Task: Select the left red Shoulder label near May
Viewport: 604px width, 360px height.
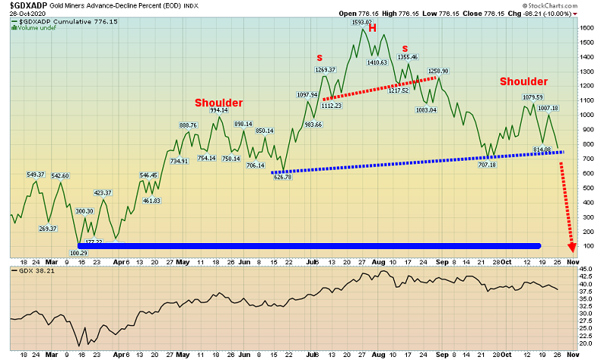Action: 219,103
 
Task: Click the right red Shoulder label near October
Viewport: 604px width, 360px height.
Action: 523,82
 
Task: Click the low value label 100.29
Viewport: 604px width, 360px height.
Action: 79,252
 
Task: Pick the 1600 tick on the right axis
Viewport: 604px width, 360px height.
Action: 587,27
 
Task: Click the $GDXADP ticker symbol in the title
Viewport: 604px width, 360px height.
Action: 29,5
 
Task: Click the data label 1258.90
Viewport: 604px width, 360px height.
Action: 439,71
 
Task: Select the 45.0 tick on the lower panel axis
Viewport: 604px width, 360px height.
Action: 587,269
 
